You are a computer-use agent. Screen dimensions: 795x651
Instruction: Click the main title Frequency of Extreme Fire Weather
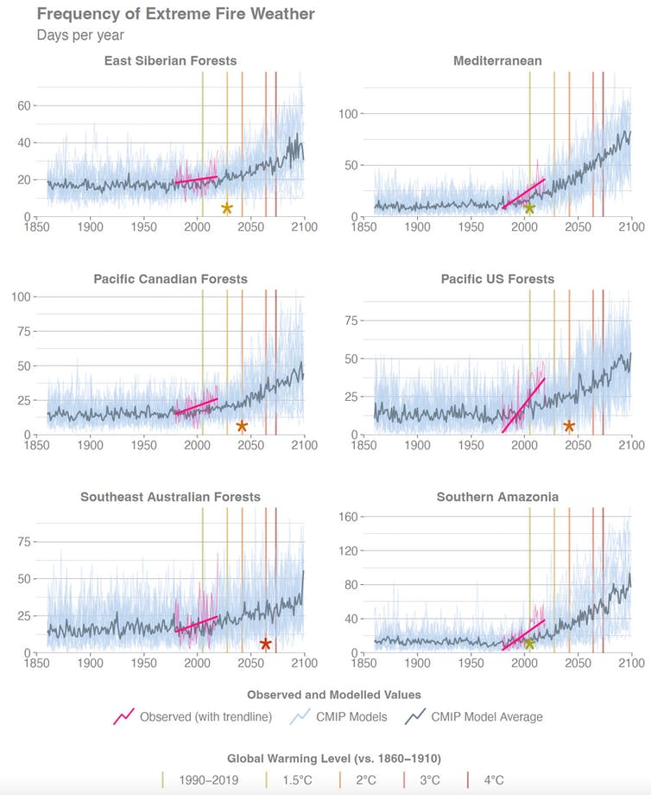(175, 14)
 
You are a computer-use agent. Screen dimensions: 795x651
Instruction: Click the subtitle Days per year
(80, 35)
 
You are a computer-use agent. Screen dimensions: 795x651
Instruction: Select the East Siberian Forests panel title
(170, 60)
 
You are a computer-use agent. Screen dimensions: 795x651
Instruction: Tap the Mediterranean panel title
(497, 60)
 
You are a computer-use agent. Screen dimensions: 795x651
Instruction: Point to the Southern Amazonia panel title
(497, 497)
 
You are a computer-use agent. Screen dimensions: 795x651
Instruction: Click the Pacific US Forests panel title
(497, 279)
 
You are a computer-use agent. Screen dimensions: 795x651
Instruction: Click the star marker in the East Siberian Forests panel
(227, 208)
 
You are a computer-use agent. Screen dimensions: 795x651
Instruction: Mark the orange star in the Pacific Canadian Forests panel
(242, 426)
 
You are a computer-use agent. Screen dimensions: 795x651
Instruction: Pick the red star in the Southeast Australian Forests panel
(266, 644)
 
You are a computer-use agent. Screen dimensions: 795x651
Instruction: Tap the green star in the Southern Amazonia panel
(529, 644)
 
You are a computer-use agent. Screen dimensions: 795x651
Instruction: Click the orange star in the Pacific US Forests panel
(569, 426)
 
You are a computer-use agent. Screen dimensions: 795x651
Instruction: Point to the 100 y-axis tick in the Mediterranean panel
(349, 114)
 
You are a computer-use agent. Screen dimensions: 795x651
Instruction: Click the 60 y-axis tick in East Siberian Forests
(24, 105)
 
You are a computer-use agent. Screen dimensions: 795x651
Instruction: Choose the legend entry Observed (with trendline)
(194, 716)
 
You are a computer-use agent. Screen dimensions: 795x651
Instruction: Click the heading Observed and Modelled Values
(333, 694)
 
